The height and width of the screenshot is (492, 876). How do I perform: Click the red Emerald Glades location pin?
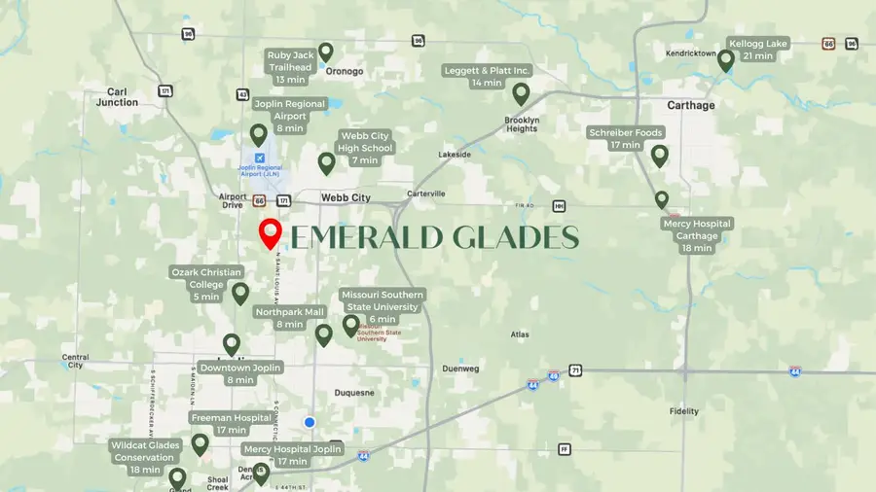(x=271, y=233)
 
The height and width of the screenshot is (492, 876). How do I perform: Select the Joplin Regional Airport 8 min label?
(x=290, y=116)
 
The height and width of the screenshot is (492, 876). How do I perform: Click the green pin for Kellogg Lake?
(x=725, y=60)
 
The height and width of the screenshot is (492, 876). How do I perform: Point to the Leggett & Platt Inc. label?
(x=487, y=77)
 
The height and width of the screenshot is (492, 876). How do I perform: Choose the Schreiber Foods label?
(x=626, y=138)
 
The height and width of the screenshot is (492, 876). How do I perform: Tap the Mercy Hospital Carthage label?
(x=697, y=235)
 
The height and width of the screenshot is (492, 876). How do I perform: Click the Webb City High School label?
(x=365, y=148)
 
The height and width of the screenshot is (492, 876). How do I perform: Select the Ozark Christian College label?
(x=206, y=284)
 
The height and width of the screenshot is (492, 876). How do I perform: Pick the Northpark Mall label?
(x=289, y=318)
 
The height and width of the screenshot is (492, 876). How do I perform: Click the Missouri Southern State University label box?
(x=383, y=305)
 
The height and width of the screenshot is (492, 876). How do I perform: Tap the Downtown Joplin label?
(x=240, y=373)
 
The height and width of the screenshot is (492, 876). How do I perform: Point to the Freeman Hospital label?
(x=231, y=423)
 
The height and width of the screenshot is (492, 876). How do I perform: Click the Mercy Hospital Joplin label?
(x=292, y=455)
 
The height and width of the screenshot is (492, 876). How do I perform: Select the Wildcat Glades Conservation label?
(x=145, y=457)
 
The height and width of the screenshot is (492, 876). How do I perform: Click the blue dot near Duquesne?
(x=310, y=422)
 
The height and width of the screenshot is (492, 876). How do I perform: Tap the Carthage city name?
(x=690, y=105)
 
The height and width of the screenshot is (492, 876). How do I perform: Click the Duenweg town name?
(x=462, y=369)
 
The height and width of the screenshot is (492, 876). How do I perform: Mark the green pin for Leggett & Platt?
(x=521, y=93)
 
